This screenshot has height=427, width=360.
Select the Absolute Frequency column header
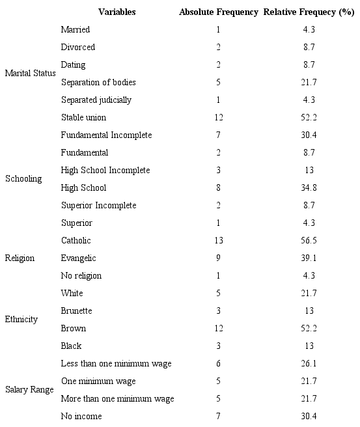219,12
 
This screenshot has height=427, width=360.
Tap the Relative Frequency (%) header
309,12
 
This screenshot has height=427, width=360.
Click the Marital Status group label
31,73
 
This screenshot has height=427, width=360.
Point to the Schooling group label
23,178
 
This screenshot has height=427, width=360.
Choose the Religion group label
20,258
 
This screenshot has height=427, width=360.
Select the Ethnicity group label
21,320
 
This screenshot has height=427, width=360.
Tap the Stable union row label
83,117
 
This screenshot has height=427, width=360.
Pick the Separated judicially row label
96,100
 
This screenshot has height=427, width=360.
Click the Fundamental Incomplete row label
106,135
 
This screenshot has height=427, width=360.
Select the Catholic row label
76,240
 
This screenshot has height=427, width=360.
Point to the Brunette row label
77,310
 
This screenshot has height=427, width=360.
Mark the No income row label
81,416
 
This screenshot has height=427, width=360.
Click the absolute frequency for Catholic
218,240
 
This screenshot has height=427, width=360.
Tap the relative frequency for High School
309,187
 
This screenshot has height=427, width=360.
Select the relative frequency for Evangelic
309,258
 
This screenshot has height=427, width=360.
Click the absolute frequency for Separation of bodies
218,82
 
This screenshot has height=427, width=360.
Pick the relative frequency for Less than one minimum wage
309,363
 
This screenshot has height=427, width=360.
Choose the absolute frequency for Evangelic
218,258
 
